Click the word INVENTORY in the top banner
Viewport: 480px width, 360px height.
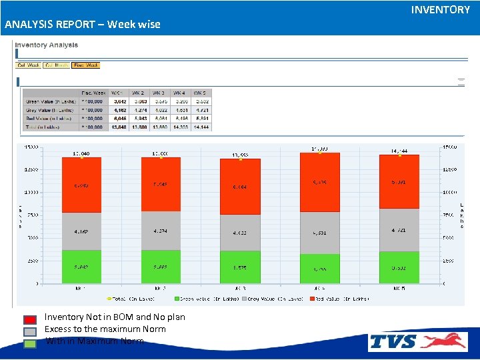[x=440, y=9]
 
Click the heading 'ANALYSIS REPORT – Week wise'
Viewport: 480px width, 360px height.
[x=82, y=25]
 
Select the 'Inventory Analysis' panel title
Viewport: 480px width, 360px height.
[x=46, y=45]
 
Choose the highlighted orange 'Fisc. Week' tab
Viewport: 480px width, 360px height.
[x=86, y=65]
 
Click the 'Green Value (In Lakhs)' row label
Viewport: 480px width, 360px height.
[x=49, y=101]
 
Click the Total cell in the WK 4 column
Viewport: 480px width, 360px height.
[x=181, y=127]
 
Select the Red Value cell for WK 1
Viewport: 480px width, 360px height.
[x=119, y=118]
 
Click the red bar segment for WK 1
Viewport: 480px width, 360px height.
[x=81, y=185]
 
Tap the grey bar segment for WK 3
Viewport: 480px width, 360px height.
[x=240, y=233]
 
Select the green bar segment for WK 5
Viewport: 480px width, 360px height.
[x=399, y=267]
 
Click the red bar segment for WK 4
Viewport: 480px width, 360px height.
[x=319, y=183]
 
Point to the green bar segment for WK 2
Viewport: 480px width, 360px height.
[x=161, y=266]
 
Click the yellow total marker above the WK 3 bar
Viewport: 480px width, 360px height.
[x=240, y=159]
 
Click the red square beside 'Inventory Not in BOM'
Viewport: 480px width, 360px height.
[x=30, y=319]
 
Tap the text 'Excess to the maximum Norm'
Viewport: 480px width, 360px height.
[x=105, y=329]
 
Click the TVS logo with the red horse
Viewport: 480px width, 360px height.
[x=418, y=342]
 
